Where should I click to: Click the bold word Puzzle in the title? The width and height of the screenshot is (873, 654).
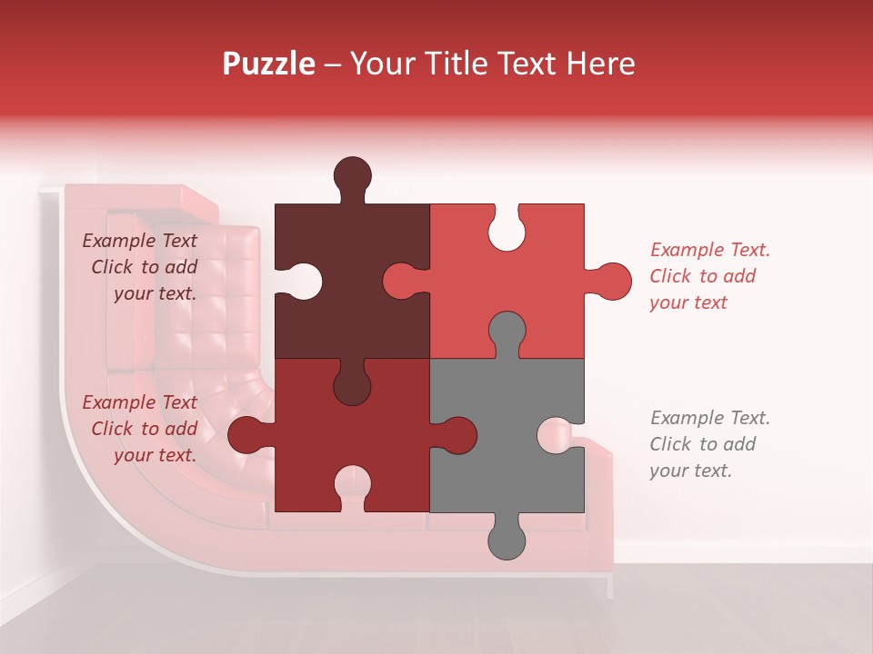269,64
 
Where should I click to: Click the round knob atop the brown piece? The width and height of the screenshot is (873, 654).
352,173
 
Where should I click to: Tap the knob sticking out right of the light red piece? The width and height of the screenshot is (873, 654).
612,281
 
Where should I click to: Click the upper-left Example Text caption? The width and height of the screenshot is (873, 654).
140,267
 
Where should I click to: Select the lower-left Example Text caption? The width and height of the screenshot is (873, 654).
140,429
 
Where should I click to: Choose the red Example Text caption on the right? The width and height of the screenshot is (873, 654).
709,276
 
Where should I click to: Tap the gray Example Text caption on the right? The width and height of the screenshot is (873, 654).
709,444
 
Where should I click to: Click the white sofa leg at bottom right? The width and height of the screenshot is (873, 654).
610,587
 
